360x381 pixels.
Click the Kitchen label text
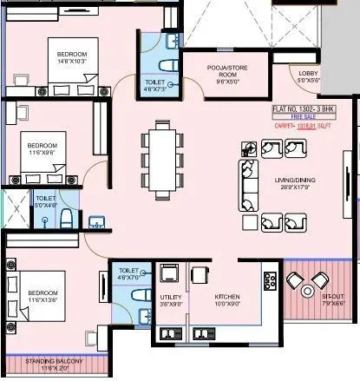tap(227, 297)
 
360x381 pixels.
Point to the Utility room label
tap(169, 297)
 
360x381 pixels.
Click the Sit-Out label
tap(308, 296)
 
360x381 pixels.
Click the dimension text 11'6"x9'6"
tap(42, 152)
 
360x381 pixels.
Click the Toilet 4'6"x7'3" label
tap(158, 84)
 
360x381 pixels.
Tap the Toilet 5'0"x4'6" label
tap(45, 201)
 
